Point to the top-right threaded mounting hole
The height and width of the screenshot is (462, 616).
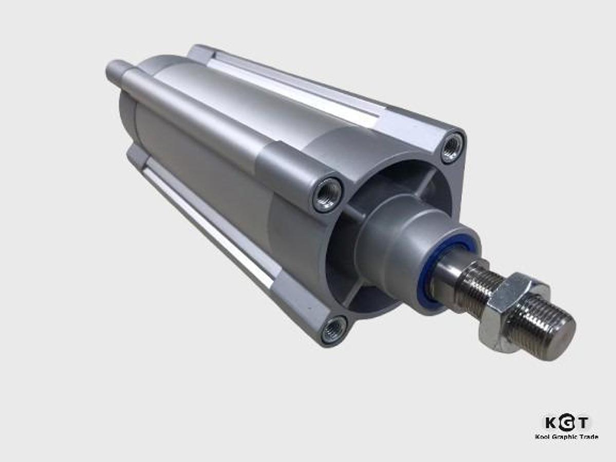(452, 147)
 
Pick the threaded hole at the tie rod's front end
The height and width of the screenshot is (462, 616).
(327, 194)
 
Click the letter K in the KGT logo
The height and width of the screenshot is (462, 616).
(551, 423)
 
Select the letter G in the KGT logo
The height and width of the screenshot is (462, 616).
(566, 423)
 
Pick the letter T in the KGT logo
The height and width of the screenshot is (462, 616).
(583, 423)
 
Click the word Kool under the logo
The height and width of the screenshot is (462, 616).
(543, 437)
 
